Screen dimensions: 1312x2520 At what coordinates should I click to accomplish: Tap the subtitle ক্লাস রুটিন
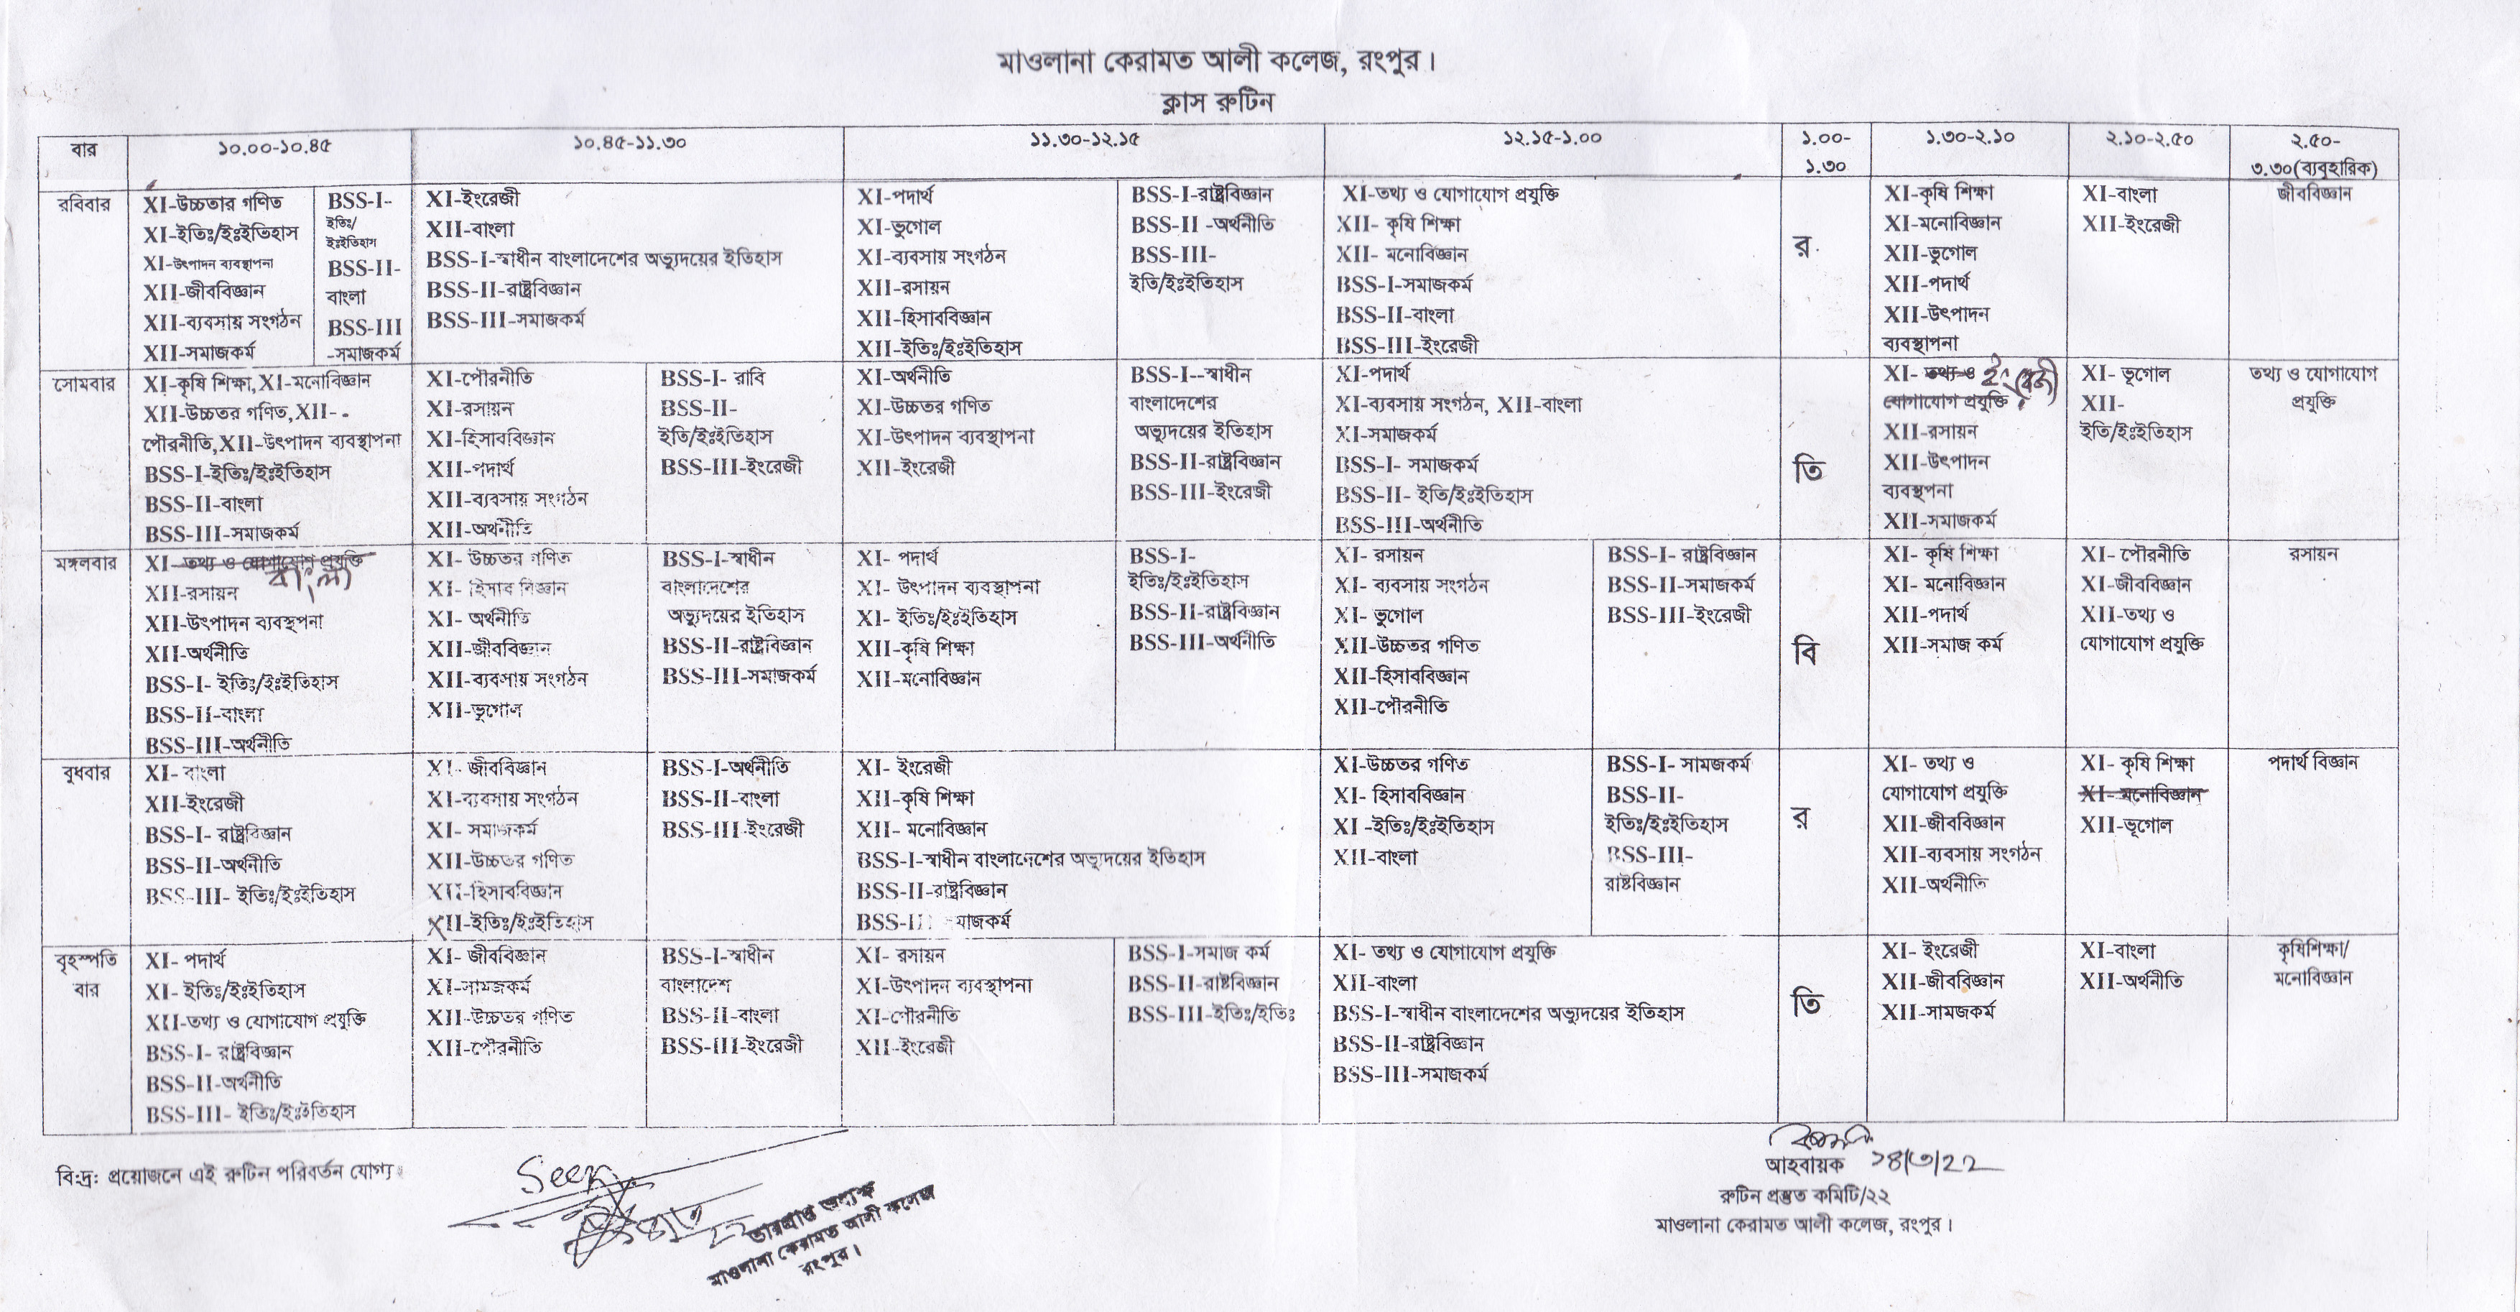point(1216,102)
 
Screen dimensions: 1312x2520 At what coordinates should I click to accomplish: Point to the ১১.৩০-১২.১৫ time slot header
point(1084,140)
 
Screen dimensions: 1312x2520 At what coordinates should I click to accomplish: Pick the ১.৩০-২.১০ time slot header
point(1969,138)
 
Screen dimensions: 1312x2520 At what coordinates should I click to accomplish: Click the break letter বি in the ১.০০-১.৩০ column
point(1808,652)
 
